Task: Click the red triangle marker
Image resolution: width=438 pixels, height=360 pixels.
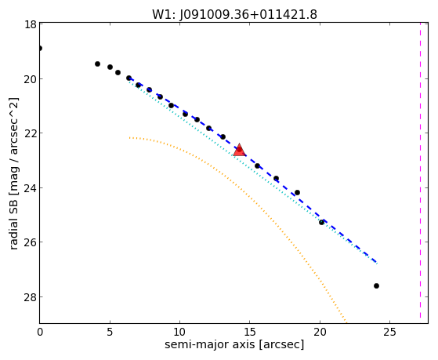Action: tap(240, 150)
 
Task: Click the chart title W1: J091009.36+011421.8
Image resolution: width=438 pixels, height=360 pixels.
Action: tap(234, 14)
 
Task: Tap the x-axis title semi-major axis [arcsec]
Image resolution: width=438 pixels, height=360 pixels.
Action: tap(234, 344)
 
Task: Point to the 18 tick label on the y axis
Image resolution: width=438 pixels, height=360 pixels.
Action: tap(31, 24)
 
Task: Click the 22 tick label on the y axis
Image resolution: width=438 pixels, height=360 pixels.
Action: tap(31, 133)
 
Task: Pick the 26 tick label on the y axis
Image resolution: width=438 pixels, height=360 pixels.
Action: tap(31, 242)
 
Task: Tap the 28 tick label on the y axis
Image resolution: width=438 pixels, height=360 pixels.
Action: tap(31, 296)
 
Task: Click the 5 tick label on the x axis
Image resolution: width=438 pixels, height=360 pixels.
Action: tap(110, 333)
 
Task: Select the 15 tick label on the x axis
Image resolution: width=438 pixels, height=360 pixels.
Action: tap(250, 333)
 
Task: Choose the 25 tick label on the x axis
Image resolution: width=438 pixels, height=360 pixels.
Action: tap(389, 333)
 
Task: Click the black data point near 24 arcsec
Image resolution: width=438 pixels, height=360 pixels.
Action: tap(376, 285)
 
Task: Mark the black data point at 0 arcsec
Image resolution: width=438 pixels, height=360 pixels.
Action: tap(40, 49)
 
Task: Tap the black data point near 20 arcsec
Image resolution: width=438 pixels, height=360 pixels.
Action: tap(321, 223)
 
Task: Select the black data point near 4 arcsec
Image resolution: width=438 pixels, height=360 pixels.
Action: tap(97, 64)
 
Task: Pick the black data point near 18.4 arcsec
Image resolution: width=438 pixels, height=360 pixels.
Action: tap(297, 192)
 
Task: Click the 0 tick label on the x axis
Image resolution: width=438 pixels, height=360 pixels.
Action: tap(40, 333)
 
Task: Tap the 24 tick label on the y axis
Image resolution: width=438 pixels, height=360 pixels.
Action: tap(31, 187)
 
